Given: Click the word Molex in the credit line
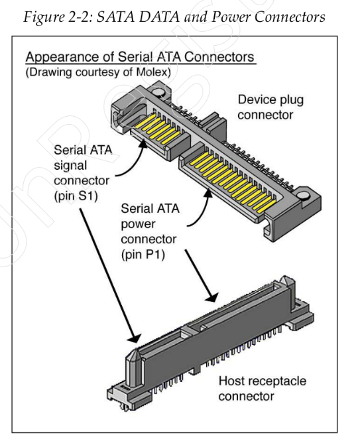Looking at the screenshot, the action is (152, 72).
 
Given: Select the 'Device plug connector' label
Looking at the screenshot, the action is (270, 107).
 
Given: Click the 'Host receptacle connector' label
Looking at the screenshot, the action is (263, 388).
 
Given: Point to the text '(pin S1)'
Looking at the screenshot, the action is (76, 196).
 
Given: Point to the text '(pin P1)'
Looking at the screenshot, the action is (143, 255).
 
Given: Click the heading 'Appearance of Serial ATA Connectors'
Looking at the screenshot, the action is (140, 57).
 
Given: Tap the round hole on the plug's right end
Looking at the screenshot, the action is (304, 196).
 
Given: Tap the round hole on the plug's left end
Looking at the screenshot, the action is (159, 93).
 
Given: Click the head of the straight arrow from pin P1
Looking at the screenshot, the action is (211, 296).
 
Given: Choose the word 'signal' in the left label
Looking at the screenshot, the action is (70, 166).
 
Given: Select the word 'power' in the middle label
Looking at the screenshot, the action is (138, 224).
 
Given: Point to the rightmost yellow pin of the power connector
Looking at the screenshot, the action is (267, 206).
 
